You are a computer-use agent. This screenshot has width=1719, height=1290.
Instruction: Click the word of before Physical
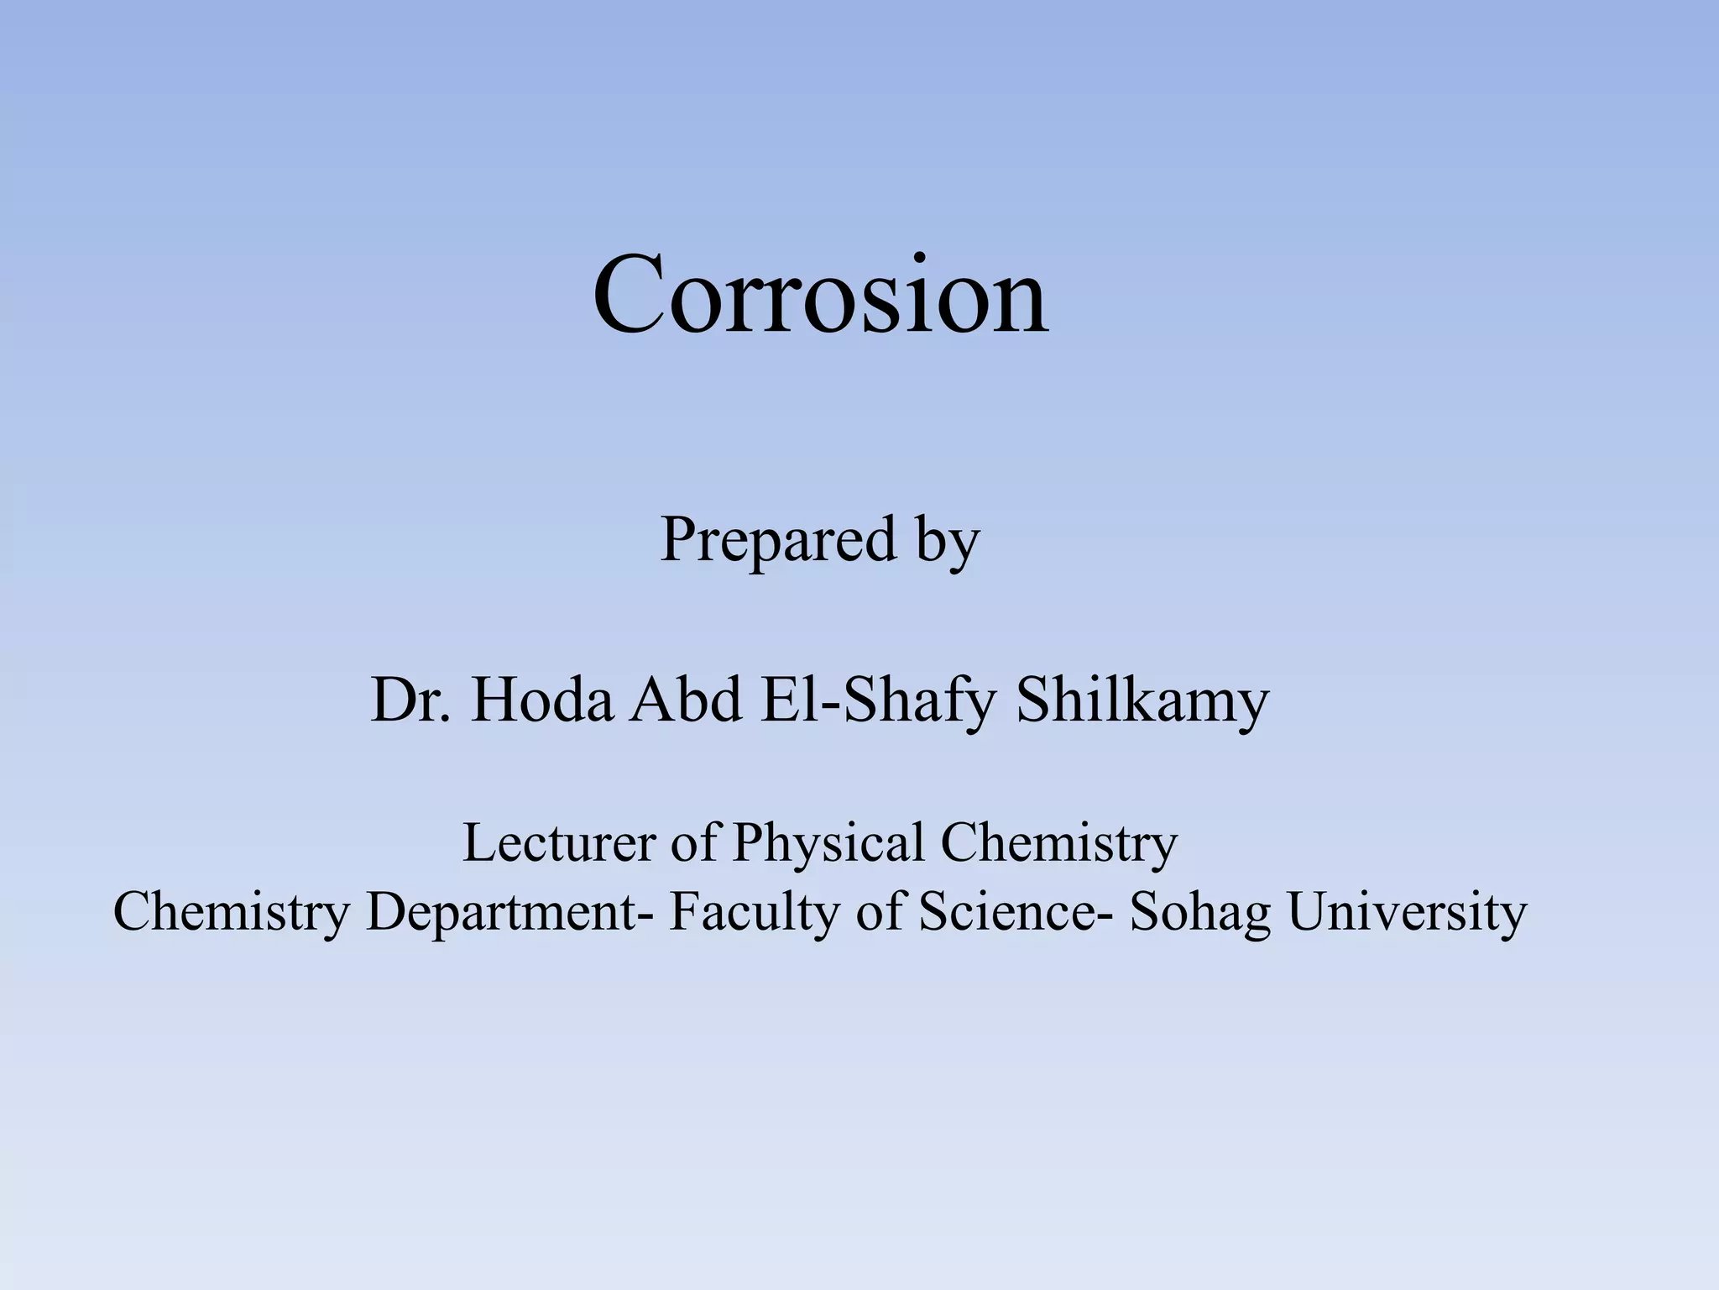coord(693,842)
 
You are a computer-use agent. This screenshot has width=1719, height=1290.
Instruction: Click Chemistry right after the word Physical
coord(1059,842)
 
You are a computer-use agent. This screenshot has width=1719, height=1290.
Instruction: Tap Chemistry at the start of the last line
coord(231,912)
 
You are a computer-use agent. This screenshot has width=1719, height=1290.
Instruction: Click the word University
coord(1407,912)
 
